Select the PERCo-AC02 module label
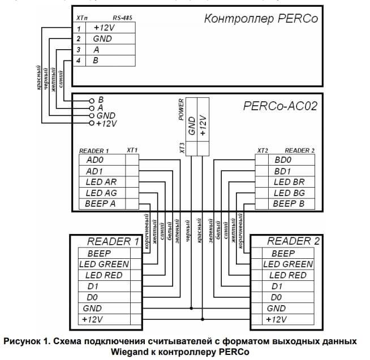click(x=279, y=106)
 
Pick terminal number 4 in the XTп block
click(x=80, y=60)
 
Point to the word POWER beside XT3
click(x=181, y=110)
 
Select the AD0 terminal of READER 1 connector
click(x=96, y=160)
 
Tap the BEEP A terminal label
click(x=101, y=204)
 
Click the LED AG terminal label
click(x=101, y=193)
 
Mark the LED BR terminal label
click(x=289, y=182)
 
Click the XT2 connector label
click(x=263, y=151)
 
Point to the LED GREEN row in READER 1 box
click(x=106, y=264)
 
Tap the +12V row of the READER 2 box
click(x=277, y=319)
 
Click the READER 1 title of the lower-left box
click(x=113, y=241)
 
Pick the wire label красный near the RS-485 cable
click(x=40, y=79)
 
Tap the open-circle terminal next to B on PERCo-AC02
click(x=91, y=99)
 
